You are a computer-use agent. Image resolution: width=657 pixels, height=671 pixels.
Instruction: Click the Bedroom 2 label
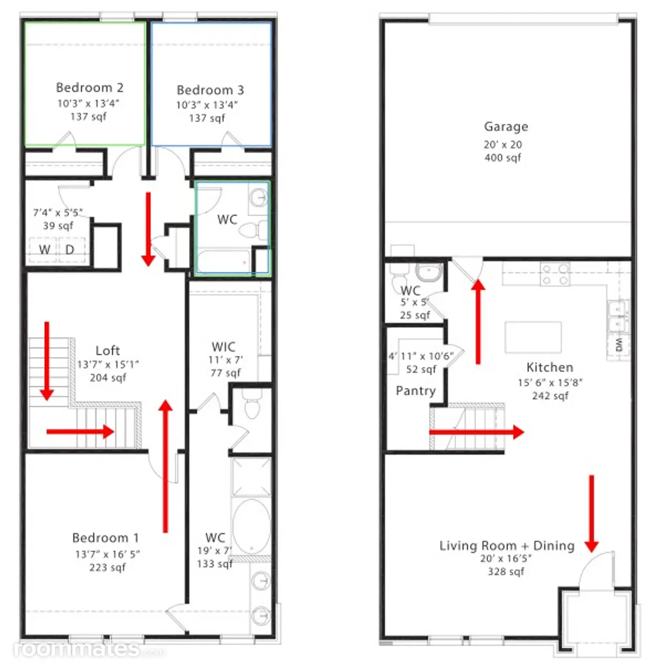point(90,88)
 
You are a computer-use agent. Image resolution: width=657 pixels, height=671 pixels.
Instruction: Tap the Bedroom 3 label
point(210,90)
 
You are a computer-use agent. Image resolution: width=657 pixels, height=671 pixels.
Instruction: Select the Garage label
point(506,127)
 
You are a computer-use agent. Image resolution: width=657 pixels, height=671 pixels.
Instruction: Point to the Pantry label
point(416,391)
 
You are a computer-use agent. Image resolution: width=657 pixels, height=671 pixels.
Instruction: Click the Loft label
point(107,350)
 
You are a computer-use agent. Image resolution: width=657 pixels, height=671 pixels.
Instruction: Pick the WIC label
point(223,347)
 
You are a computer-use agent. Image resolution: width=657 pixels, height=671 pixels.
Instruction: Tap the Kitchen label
point(550,367)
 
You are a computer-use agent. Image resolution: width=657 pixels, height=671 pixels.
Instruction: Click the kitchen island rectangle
point(533,337)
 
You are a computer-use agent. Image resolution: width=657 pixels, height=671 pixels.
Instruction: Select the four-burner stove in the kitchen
point(555,274)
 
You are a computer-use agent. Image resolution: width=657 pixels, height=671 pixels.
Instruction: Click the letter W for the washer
point(45,250)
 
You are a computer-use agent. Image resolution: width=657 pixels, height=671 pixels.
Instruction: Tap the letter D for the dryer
point(70,250)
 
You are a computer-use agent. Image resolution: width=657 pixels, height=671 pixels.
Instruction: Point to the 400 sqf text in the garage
point(503,158)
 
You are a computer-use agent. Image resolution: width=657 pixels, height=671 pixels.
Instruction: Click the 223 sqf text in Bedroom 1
point(107,568)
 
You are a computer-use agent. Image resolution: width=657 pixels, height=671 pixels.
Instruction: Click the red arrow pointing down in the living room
point(591,514)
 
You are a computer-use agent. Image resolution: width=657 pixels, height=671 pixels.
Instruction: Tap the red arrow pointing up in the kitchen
point(478,321)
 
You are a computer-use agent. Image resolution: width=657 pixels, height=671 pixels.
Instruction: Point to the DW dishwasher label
point(619,345)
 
